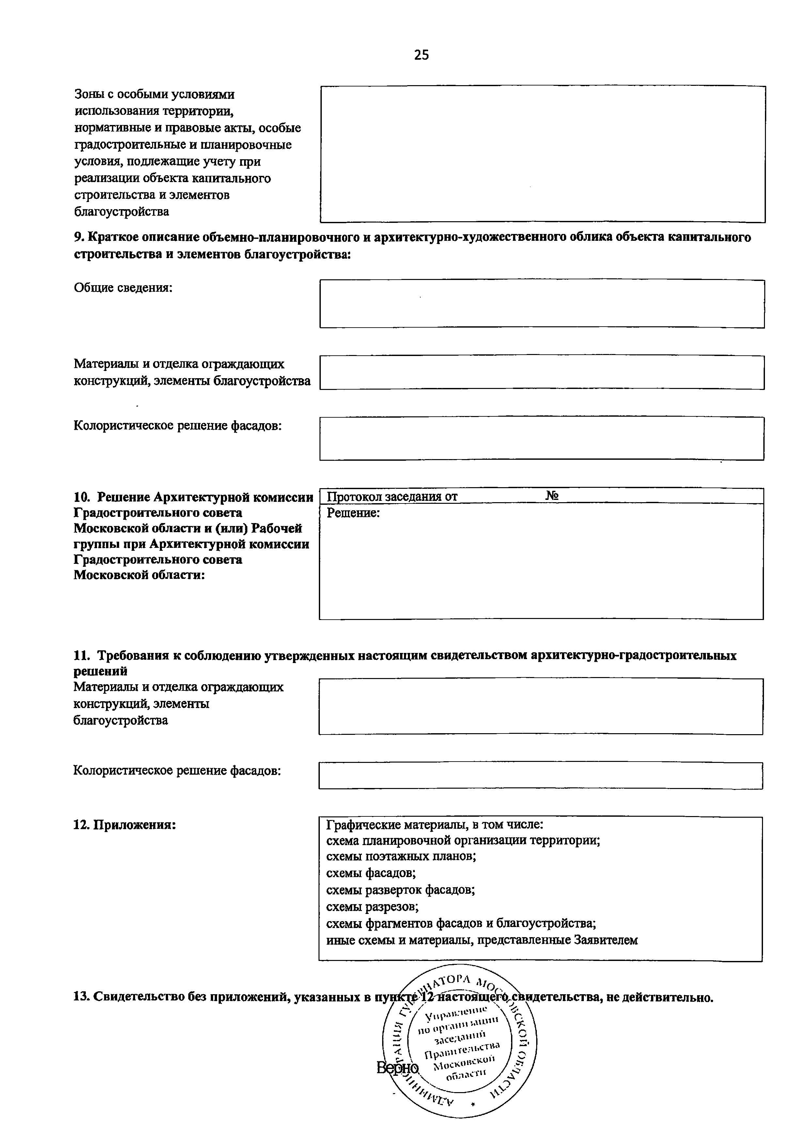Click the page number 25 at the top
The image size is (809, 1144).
tap(421, 55)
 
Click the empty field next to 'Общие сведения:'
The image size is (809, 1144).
tap(542, 303)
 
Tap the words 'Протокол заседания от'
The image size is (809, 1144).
tap(392, 496)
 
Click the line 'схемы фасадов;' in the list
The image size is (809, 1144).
tap(371, 873)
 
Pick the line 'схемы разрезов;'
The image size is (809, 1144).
tap(372, 906)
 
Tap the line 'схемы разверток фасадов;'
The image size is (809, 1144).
tap(400, 889)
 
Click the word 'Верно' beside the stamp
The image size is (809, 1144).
tap(397, 1067)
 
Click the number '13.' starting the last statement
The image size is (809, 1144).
tap(82, 997)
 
